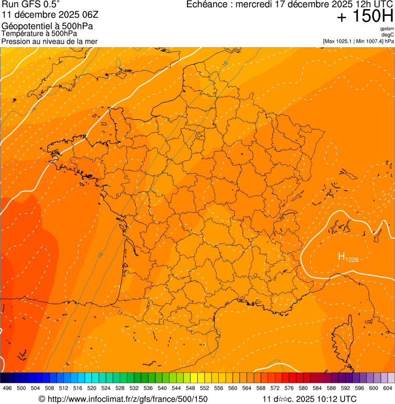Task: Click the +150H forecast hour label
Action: (365, 16)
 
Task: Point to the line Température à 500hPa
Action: (39, 33)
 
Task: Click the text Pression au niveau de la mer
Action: (49, 41)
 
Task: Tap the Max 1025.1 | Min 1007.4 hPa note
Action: (358, 41)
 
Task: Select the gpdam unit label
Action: (387, 29)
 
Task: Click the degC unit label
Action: (388, 35)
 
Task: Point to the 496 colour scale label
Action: (7, 388)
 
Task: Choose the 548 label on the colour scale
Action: (191, 388)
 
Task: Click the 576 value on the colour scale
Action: (289, 388)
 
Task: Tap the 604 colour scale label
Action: (388, 388)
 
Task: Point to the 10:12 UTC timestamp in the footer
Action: (337, 399)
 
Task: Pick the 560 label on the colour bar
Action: (233, 388)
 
